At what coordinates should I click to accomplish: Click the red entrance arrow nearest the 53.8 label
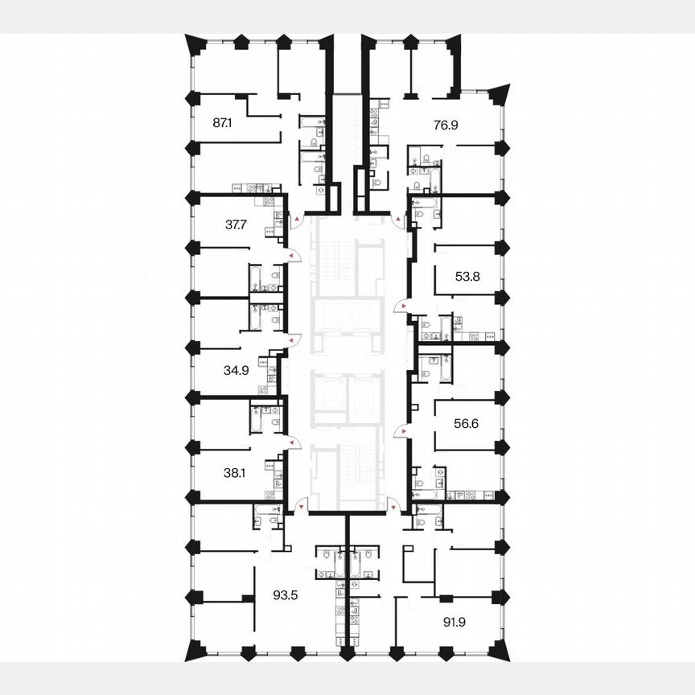click(x=397, y=306)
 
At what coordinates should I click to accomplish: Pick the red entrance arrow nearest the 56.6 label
click(x=397, y=432)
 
